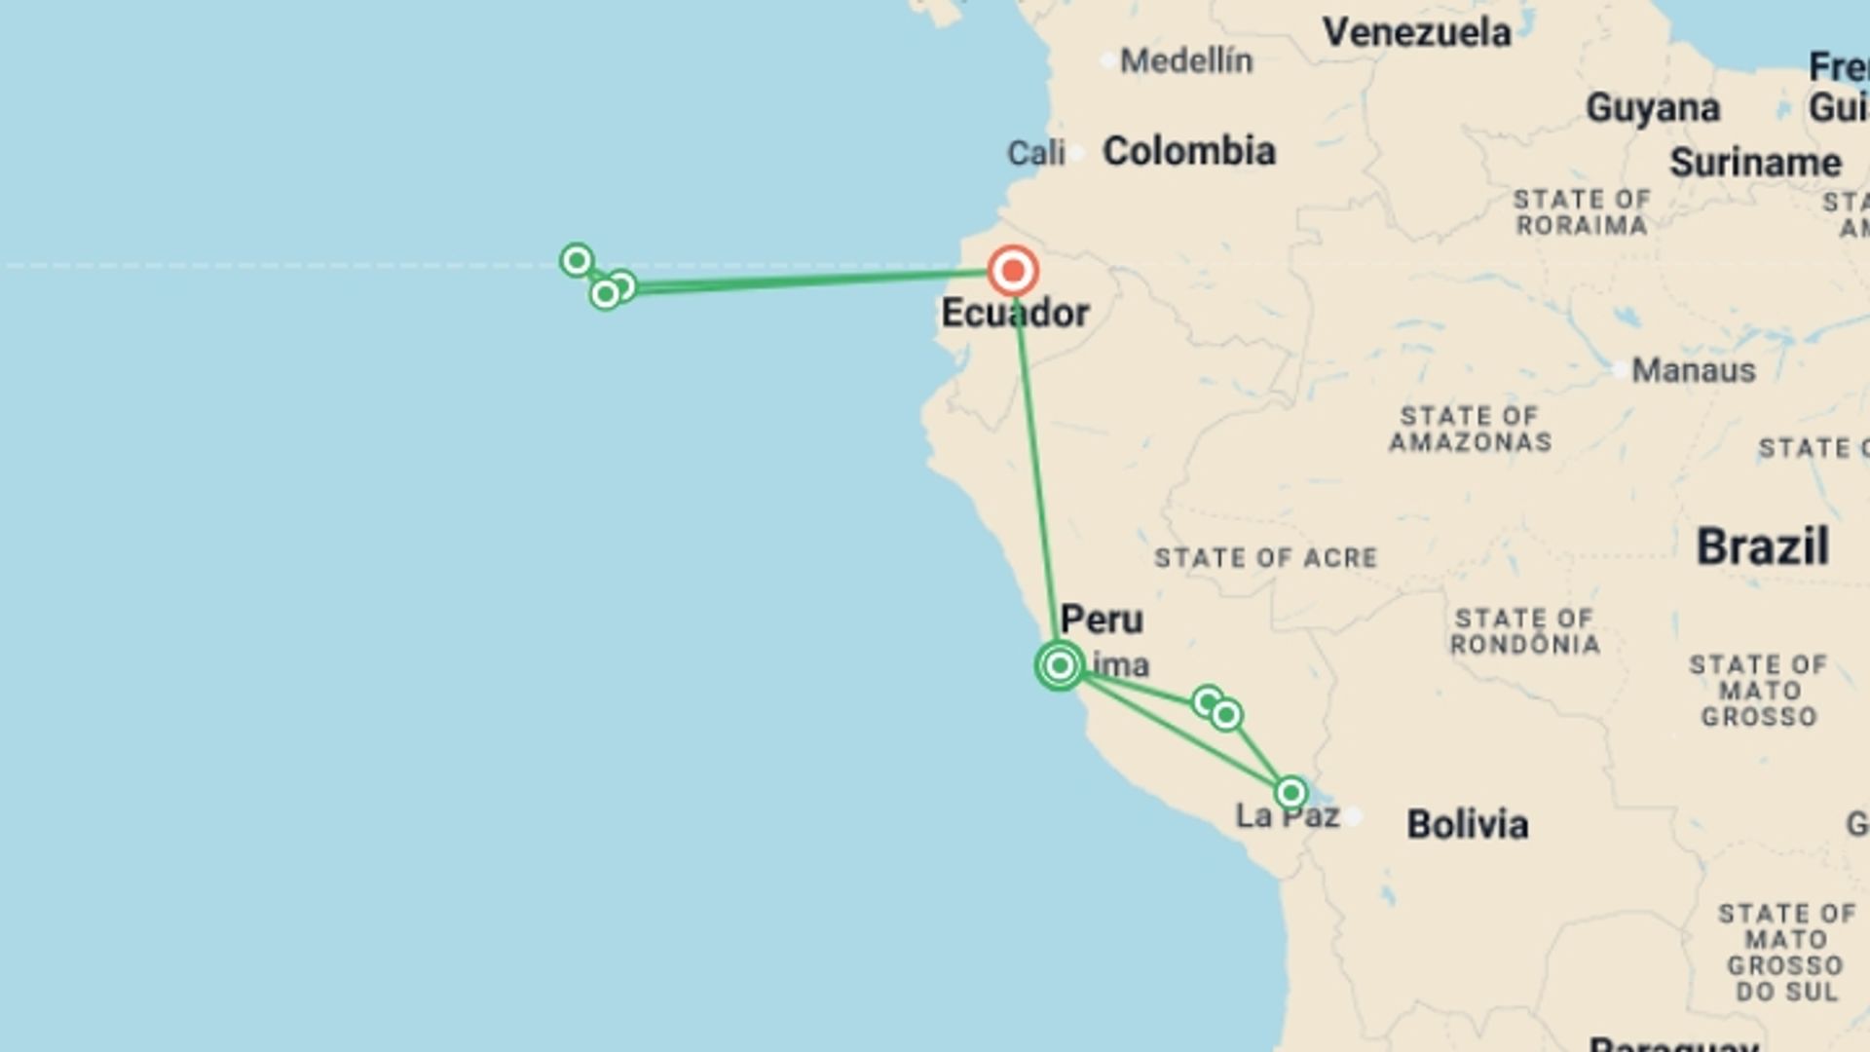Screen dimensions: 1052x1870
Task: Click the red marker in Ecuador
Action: point(1013,271)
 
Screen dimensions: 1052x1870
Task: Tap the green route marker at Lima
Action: point(1060,665)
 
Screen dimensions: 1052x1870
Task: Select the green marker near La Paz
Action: point(1290,793)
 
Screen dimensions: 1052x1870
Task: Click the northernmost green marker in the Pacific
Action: point(577,260)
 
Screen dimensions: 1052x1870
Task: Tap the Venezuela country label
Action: point(1416,33)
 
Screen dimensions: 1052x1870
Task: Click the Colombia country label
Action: point(1188,152)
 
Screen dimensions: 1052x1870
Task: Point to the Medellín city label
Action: point(1186,61)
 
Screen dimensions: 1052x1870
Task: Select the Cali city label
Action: point(1035,153)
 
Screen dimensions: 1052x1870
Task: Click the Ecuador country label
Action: point(1015,314)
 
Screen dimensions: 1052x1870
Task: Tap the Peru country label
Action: point(1102,620)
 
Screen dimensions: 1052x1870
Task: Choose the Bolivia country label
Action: point(1467,825)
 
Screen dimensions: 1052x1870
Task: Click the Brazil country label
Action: point(1762,546)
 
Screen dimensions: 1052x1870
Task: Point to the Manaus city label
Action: point(1694,371)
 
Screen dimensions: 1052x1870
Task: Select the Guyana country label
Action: point(1653,108)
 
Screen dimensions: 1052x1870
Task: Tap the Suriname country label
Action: point(1755,163)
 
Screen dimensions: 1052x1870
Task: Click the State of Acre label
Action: point(1265,558)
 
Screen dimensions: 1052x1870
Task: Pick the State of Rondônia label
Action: point(1524,631)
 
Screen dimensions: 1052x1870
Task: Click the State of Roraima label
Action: point(1581,212)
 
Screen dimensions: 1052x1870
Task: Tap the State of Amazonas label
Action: point(1470,430)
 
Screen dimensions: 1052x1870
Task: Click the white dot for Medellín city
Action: point(1107,61)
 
